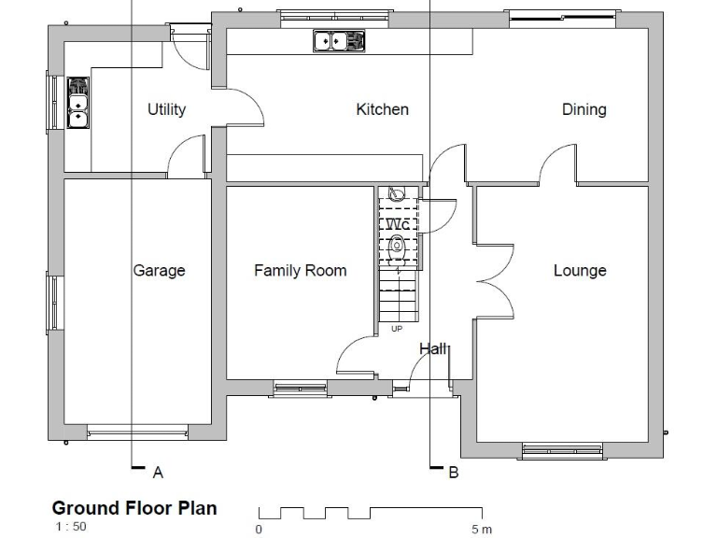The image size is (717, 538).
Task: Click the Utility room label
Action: click(166, 109)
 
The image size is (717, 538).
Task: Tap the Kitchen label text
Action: click(382, 109)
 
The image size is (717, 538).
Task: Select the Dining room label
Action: click(583, 109)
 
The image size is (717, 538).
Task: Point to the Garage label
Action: click(159, 270)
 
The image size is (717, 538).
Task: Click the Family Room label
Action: click(300, 270)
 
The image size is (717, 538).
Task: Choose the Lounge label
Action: click(580, 270)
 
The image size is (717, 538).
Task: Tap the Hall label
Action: click(433, 348)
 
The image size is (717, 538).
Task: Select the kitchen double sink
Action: click(338, 41)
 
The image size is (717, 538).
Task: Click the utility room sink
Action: click(77, 103)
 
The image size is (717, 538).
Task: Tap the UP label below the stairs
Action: click(397, 329)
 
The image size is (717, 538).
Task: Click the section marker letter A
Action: click(158, 473)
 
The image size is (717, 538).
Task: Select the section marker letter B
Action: click(454, 473)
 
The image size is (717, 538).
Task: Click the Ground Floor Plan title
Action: click(134, 508)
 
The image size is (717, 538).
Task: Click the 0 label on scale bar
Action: click(259, 529)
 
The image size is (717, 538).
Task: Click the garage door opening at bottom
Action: click(137, 431)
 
